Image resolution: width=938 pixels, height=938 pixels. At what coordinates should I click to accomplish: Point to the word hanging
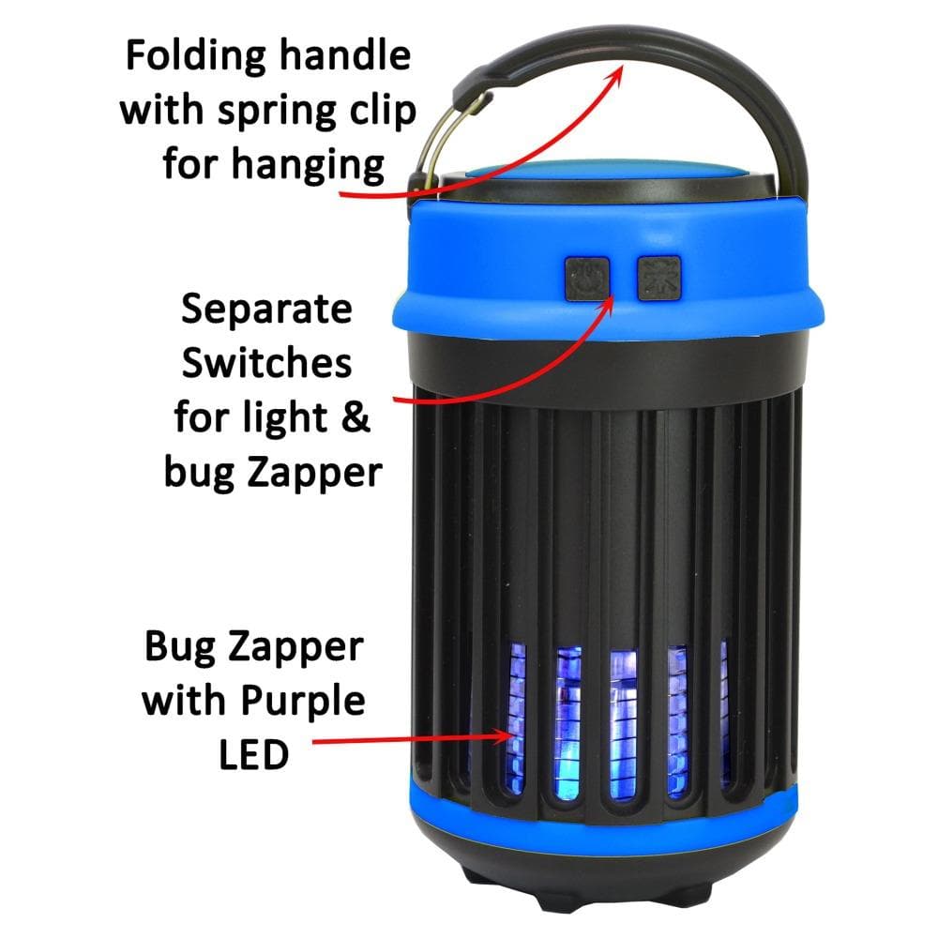308,167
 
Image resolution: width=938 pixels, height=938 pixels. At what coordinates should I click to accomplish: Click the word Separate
266,310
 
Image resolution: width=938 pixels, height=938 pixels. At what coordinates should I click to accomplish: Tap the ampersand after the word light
356,416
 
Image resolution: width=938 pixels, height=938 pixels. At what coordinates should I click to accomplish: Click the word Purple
303,703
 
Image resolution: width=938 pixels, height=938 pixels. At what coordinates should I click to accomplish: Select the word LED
253,754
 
